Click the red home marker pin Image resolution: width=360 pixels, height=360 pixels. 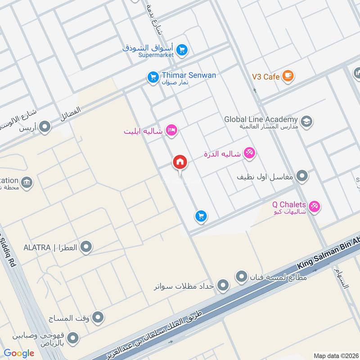click(x=180, y=162)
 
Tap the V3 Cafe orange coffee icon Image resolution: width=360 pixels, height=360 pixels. click(x=288, y=76)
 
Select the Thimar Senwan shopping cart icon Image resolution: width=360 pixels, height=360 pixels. click(x=153, y=78)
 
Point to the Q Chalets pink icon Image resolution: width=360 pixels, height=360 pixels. click(x=315, y=207)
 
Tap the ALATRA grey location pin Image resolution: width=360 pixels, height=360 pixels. click(x=86, y=247)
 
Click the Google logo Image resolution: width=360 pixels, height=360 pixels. click(x=19, y=353)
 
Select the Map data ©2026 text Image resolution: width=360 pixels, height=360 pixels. click(x=335, y=355)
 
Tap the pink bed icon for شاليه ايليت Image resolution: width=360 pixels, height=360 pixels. click(x=171, y=131)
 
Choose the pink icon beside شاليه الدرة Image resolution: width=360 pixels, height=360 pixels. click(x=249, y=153)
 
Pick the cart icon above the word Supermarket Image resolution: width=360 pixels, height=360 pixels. click(x=182, y=49)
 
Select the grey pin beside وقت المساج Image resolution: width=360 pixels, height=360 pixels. click(x=98, y=318)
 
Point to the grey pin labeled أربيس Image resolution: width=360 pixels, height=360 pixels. click(x=45, y=128)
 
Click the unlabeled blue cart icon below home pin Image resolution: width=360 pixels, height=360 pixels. click(x=201, y=216)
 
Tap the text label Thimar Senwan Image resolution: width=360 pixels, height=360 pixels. click(x=189, y=75)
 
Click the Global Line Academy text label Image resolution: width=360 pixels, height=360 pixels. click(x=261, y=119)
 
